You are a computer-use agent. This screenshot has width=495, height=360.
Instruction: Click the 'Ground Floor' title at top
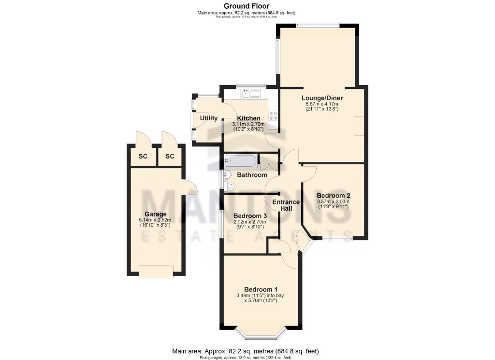247,6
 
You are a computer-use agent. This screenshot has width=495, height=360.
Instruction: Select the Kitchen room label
248,118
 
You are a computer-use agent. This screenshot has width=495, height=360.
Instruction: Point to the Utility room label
208,118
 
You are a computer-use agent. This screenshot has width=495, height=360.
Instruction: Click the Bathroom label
251,175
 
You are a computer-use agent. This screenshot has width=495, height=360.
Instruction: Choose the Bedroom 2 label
333,195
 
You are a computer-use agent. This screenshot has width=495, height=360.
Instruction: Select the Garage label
156,214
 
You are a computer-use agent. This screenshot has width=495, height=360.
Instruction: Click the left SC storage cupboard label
143,157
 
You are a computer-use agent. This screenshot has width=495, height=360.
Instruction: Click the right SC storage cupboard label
169,157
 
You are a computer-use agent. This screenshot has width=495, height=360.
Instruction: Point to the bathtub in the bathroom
241,160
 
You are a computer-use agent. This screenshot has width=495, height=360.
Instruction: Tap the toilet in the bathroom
230,186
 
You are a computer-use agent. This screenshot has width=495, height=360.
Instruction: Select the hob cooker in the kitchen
273,115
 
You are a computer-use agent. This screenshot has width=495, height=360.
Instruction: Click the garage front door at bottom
156,272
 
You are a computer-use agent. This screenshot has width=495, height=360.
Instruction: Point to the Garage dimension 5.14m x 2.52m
156,221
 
